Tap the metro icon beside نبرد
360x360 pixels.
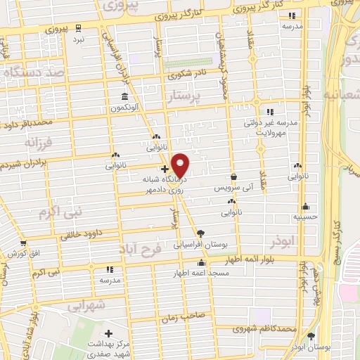tap(79, 29)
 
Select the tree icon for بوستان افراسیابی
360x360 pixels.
tap(202, 233)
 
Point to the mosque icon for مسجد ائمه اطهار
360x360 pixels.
tap(202, 263)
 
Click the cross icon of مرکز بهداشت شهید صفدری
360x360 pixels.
tap(108, 333)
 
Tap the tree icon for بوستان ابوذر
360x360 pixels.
tap(311, 336)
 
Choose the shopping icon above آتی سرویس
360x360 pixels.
tap(233, 177)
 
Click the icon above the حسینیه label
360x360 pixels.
tap(305, 206)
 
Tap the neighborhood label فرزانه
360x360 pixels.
tap(39, 143)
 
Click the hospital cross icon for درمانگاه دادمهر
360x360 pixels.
tap(165, 169)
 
